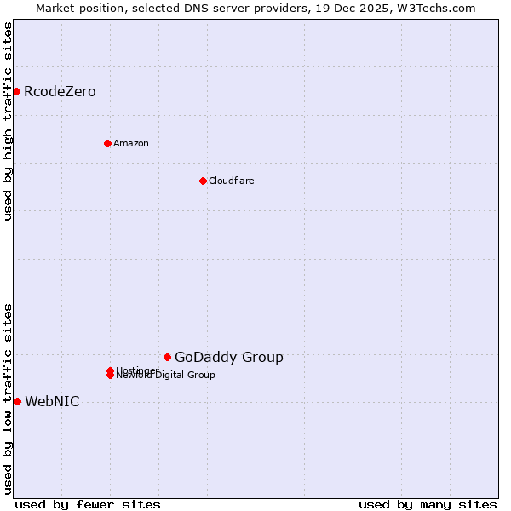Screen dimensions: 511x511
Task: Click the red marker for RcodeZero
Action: pyautogui.click(x=16, y=91)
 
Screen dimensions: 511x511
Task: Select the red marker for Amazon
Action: pyautogui.click(x=107, y=143)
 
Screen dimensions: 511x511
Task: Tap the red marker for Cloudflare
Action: pyautogui.click(x=203, y=181)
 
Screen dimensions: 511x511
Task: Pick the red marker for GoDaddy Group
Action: pyautogui.click(x=167, y=357)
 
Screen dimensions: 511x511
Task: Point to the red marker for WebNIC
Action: pyautogui.click(x=17, y=401)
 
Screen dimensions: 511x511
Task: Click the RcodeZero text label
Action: pyautogui.click(x=60, y=91)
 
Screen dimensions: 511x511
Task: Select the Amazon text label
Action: pyautogui.click(x=131, y=143)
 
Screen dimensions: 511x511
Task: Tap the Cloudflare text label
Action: pyautogui.click(x=232, y=181)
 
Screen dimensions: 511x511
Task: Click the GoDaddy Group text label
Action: pyautogui.click(x=229, y=357)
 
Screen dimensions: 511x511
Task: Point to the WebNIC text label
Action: pyautogui.click(x=52, y=401)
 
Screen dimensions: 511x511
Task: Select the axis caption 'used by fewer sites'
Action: pyautogui.click(x=88, y=504)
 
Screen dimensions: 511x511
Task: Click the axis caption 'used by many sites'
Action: pyautogui.click(x=428, y=504)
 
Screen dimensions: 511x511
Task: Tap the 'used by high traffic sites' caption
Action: pyautogui.click(x=8, y=122)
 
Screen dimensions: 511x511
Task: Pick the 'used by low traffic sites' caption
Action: pyautogui.click(x=8, y=399)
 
